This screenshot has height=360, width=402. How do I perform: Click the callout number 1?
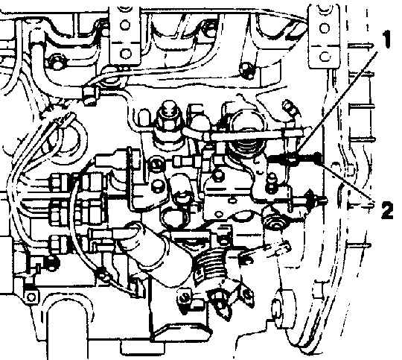(386, 39)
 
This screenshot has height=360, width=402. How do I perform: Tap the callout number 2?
(387, 209)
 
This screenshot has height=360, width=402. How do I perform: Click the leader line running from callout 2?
(345, 180)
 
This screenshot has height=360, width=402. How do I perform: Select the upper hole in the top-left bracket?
(125, 25)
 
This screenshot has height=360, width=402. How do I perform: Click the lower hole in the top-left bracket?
(125, 54)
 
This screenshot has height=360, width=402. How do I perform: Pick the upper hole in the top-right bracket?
(325, 28)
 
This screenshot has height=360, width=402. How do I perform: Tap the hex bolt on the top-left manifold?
(54, 61)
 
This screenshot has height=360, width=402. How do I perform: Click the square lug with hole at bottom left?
(32, 297)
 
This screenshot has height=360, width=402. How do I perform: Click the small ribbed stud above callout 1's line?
(290, 107)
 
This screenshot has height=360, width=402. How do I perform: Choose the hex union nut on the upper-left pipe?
(91, 95)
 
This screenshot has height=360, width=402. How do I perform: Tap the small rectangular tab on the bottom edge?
(142, 348)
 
